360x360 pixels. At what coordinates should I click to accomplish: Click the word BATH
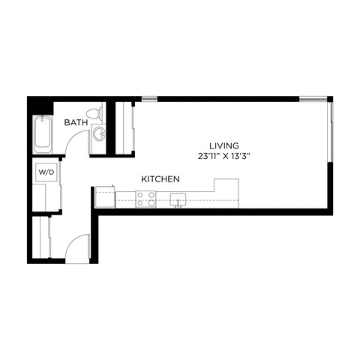[x=75, y=121]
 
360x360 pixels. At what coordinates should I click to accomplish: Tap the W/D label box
[x=46, y=172]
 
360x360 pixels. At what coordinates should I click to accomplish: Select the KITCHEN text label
[x=160, y=179]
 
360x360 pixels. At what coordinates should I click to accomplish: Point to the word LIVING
[x=224, y=145]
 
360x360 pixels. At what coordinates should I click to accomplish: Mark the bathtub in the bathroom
[x=41, y=135]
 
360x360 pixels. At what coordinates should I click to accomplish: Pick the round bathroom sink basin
[x=99, y=135]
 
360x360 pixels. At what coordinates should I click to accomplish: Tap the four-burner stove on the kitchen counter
[x=145, y=199]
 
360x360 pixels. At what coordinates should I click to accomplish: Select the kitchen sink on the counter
[x=178, y=199]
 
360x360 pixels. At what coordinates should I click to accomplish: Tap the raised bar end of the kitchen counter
[x=226, y=189]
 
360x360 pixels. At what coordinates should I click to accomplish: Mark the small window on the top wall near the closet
[x=150, y=98]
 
